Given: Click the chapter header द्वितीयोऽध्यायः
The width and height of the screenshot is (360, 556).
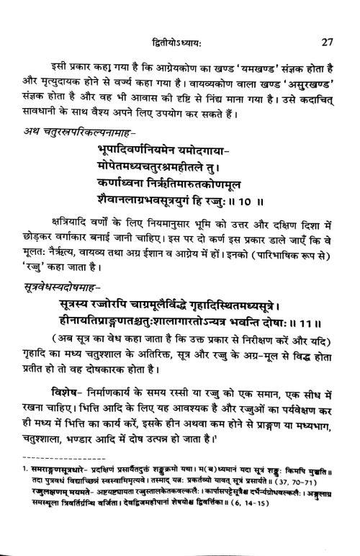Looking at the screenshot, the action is pos(180,23).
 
